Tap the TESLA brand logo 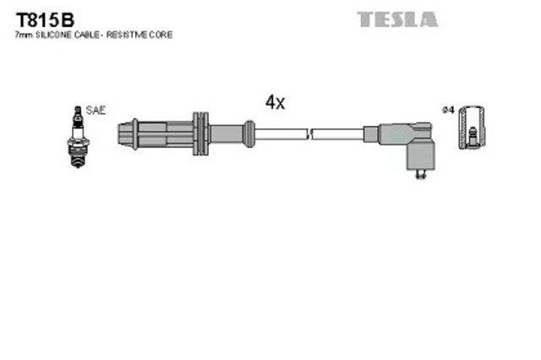click(x=396, y=19)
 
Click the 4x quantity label click(x=275, y=103)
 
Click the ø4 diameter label click(x=448, y=111)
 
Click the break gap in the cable click(x=309, y=133)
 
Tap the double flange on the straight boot click(x=200, y=133)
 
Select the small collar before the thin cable click(x=249, y=133)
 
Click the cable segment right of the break click(x=337, y=133)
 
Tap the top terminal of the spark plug click(x=79, y=111)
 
